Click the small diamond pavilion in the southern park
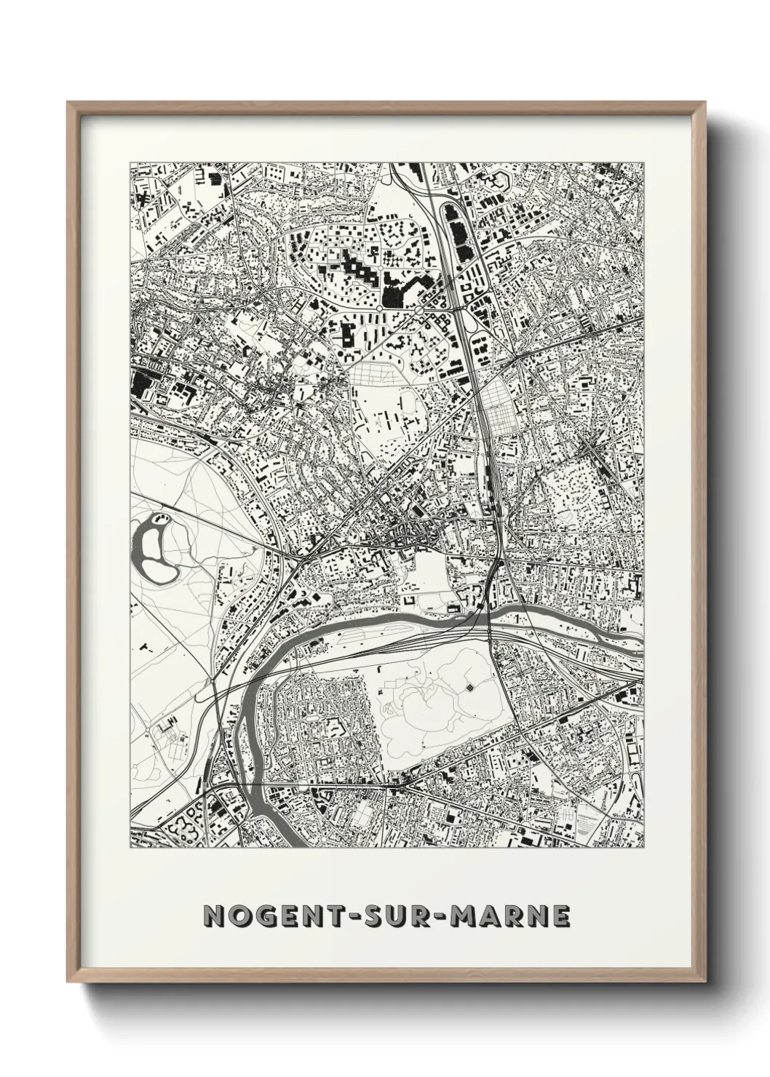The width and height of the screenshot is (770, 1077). point(469,686)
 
